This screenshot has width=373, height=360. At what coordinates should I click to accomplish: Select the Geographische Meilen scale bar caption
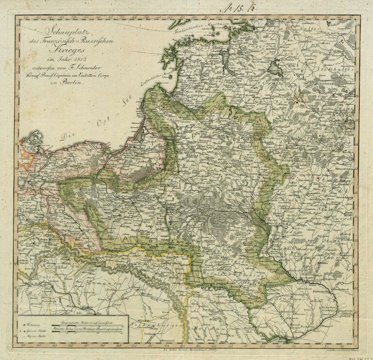click(89, 319)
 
